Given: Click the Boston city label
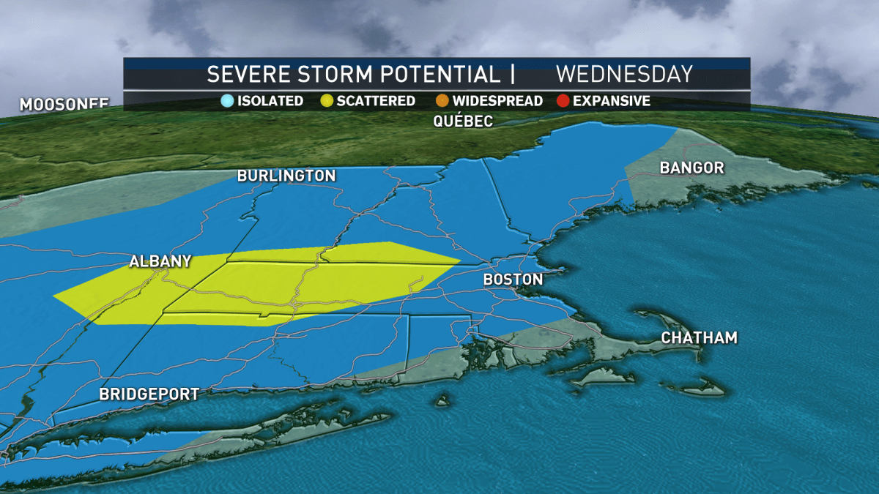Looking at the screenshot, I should point(513,280).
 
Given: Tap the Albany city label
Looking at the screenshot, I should point(160,261).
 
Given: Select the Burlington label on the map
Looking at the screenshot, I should point(286,176).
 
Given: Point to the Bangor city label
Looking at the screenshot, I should point(691,168).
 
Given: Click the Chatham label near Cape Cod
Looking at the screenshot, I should point(699,337).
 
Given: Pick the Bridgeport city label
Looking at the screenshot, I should point(149,394).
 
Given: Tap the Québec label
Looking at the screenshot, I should point(463,121).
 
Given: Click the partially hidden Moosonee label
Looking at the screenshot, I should point(64,104).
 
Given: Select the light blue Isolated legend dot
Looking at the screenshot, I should point(227,101).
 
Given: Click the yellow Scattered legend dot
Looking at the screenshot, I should point(327,101).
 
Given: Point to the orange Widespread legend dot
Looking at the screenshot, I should point(442,101).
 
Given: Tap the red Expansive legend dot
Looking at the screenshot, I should point(563,101).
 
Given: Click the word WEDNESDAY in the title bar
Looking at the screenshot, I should point(624,74).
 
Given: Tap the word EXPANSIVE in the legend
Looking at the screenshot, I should point(612,101).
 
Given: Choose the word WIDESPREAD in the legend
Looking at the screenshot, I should point(497,101).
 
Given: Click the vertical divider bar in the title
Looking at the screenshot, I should point(512,74).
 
